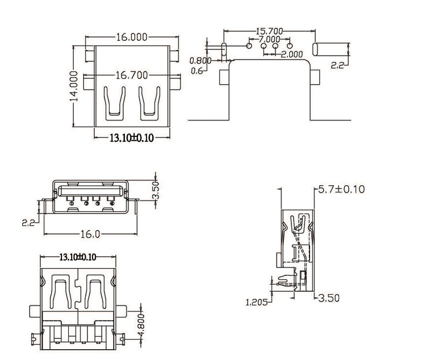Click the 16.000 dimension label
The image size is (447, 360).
(132, 37)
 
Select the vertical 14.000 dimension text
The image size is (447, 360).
(73, 86)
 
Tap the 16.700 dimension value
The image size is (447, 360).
(132, 76)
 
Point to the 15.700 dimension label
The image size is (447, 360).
(269, 31)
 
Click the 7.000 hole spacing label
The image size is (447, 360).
(269, 39)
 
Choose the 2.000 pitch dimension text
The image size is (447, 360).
(291, 54)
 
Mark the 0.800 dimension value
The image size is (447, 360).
(200, 60)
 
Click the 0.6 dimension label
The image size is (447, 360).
(197, 70)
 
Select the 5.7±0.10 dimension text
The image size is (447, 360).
(341, 189)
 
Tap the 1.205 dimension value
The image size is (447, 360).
(257, 302)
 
